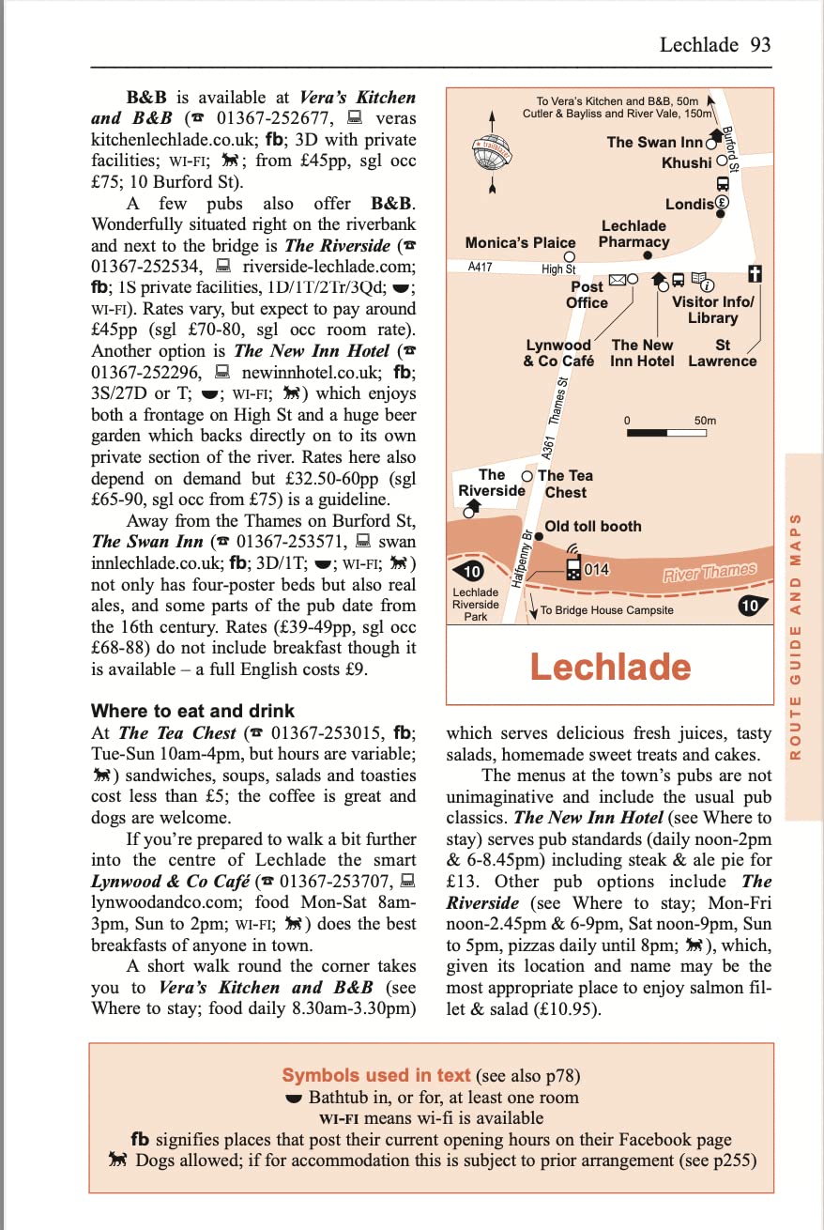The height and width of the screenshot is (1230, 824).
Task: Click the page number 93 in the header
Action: pos(760,45)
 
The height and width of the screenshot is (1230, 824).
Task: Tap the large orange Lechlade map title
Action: pos(610,667)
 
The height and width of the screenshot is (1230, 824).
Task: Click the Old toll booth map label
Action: pos(593,527)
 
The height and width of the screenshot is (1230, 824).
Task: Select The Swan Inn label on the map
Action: pos(654,143)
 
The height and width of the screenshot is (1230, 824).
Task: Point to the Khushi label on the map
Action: pos(686,162)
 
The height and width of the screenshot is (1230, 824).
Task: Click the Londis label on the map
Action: pos(689,204)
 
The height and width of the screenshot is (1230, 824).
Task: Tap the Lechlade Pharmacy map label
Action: pos(633,234)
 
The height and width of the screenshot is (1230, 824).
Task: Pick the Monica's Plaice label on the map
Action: pos(520,242)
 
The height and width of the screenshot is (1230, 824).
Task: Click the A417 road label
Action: pos(481,267)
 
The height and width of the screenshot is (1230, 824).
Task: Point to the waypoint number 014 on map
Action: pos(597,570)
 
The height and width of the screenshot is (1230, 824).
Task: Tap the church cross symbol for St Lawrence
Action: pos(753,274)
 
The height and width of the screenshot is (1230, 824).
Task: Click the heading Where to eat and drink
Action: pos(192,711)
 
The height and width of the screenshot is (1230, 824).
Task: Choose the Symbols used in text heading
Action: pos(377,1076)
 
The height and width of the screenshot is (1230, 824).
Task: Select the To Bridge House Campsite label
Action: pos(606,610)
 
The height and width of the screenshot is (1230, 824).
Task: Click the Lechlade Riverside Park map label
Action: pos(476,604)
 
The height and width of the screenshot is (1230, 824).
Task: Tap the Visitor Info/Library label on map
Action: pos(712,310)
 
